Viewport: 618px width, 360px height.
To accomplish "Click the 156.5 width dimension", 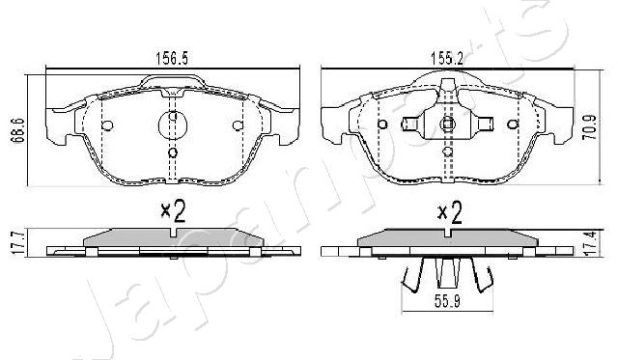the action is (172, 59).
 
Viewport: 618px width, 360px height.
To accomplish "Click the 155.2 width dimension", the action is (446, 59).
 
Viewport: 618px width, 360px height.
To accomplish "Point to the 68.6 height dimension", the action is (19, 130).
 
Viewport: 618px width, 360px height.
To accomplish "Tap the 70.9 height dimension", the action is (590, 127).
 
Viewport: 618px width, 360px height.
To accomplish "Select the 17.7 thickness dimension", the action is (19, 243).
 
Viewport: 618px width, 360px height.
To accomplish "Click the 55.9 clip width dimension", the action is (447, 302).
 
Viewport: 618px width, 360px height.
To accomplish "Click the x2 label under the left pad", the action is (173, 211).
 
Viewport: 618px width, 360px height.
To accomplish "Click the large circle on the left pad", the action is (172, 125).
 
